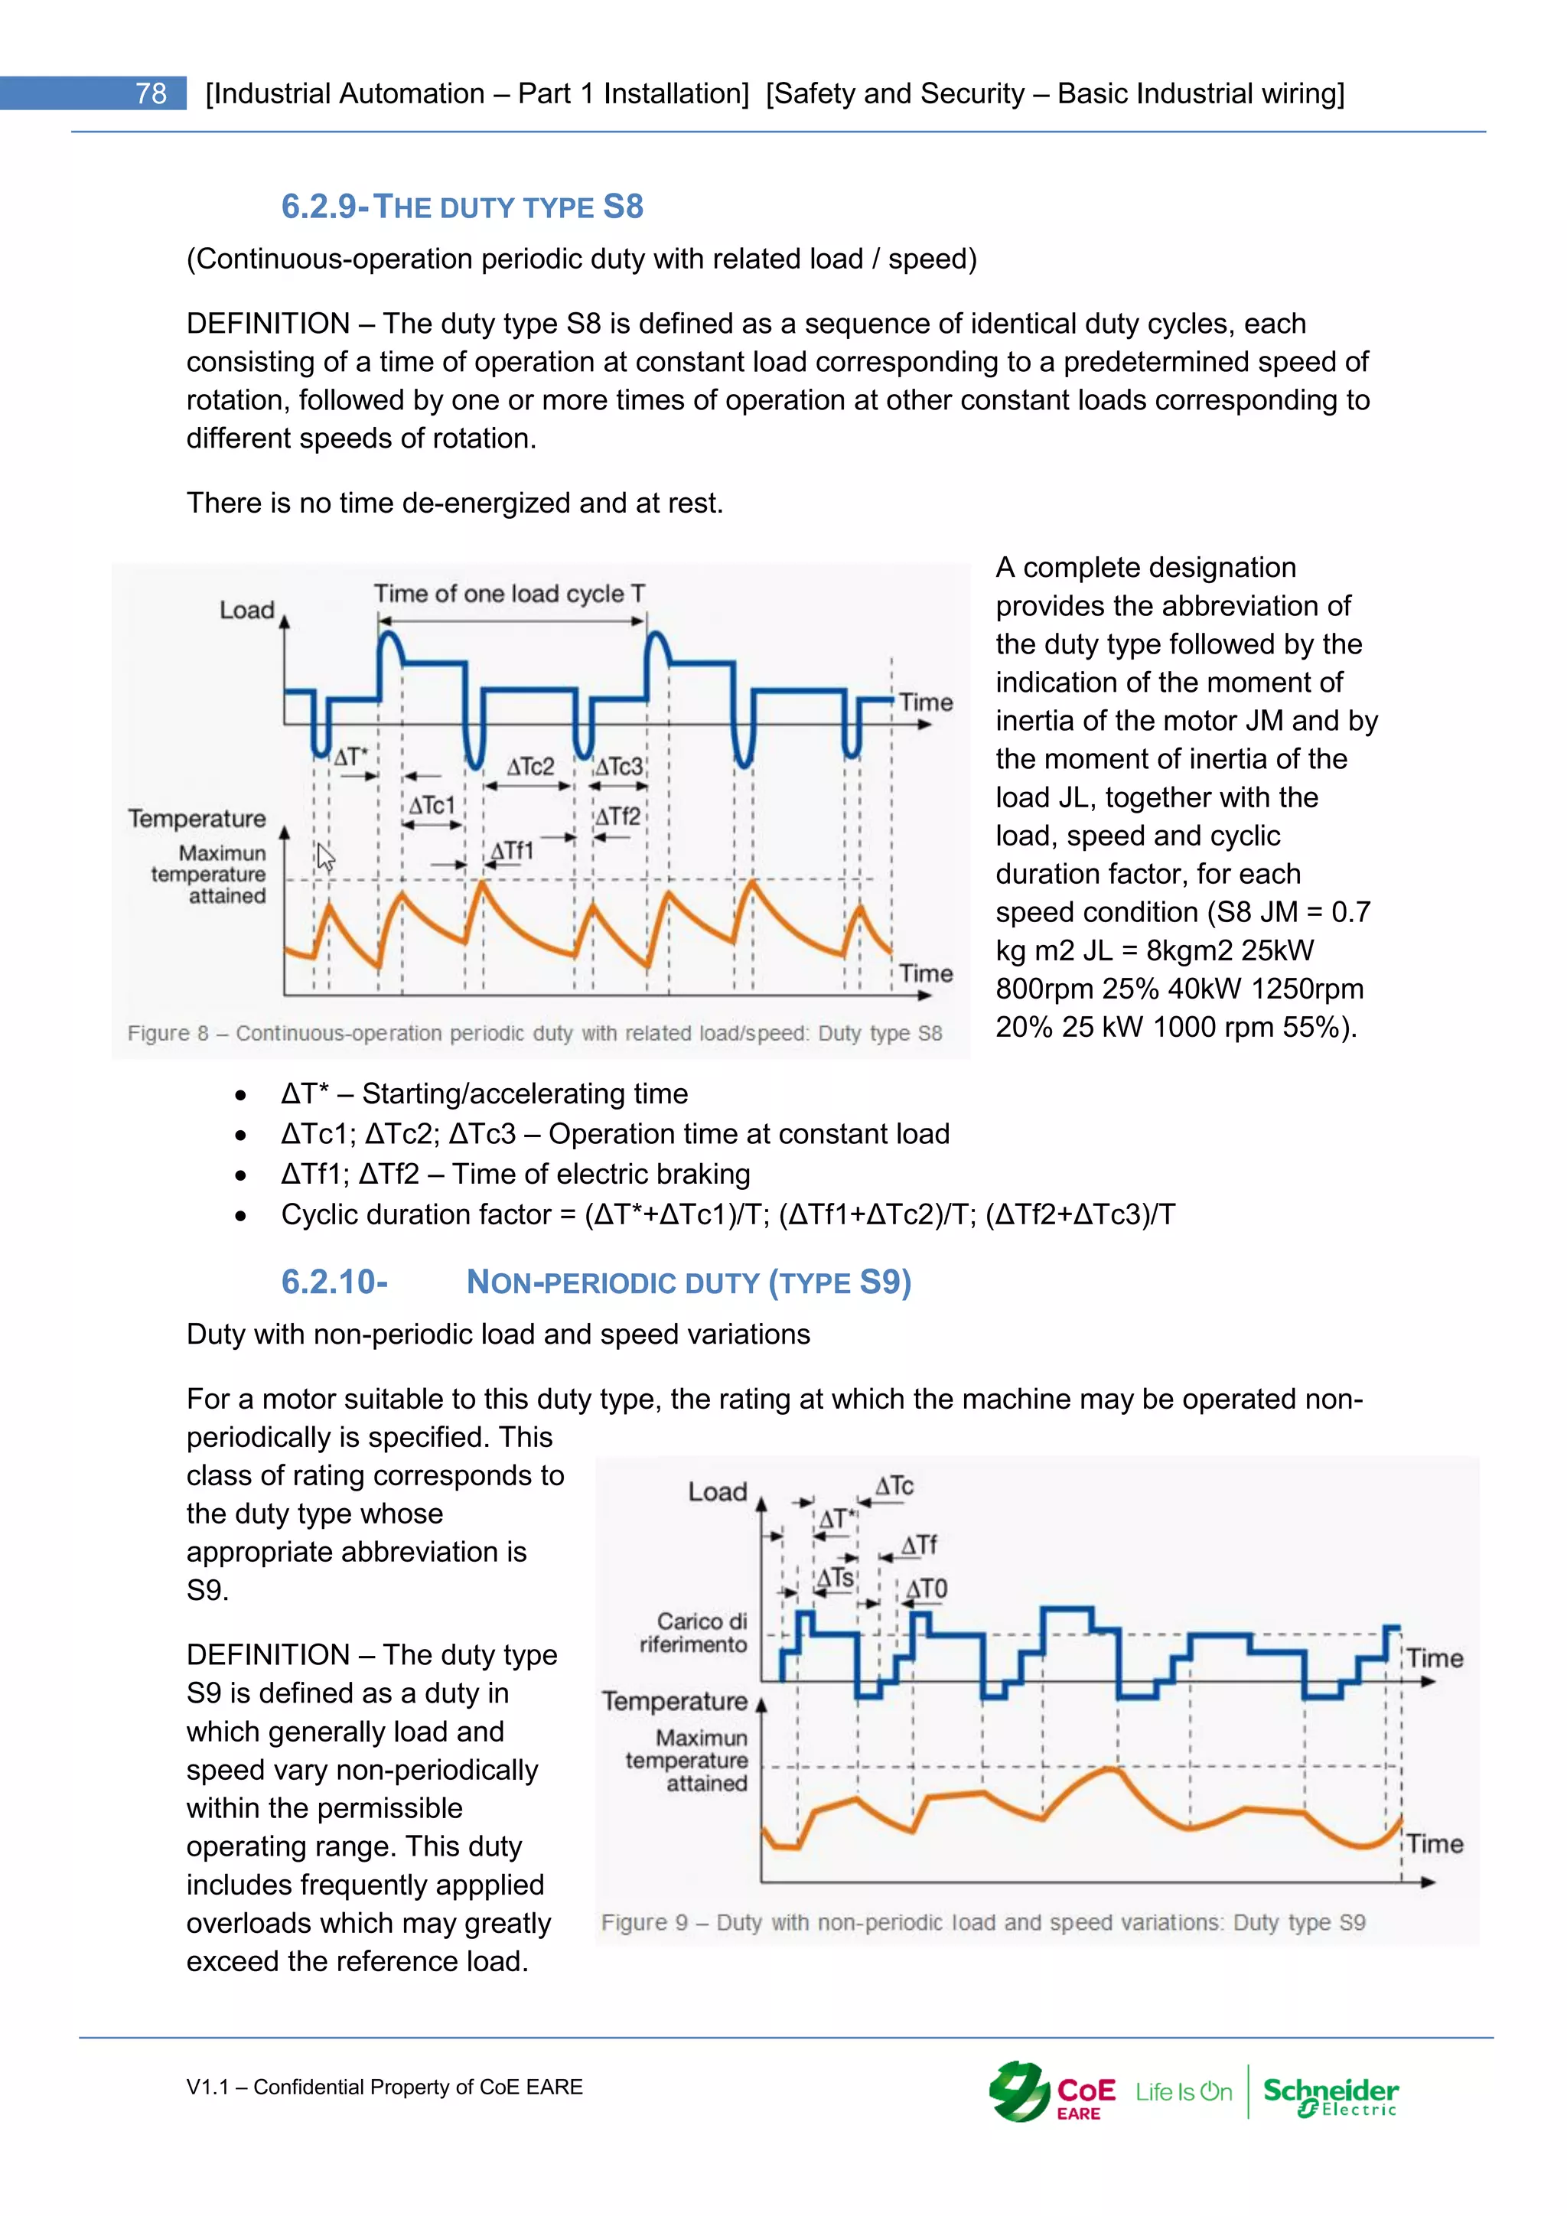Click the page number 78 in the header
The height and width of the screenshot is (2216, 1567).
point(151,93)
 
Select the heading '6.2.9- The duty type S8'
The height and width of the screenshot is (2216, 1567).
point(461,207)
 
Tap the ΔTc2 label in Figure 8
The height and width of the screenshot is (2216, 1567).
point(531,766)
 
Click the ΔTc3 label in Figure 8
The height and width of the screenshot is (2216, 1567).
point(618,766)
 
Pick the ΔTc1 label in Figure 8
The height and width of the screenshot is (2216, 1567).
point(432,805)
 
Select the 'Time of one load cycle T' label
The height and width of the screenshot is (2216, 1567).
point(510,594)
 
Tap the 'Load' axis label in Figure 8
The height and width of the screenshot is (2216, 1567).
point(247,610)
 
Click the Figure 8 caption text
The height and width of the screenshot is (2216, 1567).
point(535,1033)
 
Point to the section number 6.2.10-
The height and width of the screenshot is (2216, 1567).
point(334,1282)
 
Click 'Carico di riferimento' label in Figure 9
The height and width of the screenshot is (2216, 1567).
point(694,1632)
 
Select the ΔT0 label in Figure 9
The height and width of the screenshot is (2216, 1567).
point(927,1589)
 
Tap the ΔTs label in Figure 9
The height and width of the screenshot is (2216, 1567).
point(836,1578)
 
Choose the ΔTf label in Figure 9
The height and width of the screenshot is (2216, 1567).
point(919,1545)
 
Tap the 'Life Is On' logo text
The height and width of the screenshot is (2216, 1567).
point(1183,2091)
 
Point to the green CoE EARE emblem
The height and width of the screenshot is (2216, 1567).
point(1019,2091)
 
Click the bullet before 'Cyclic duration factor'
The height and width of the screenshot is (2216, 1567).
point(240,1216)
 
